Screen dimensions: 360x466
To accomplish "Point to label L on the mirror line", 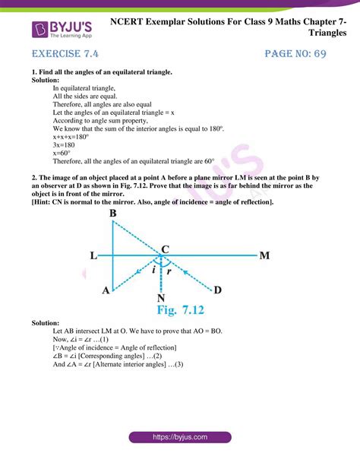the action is pyautogui.click(x=93, y=256).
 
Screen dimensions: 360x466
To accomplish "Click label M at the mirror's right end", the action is pyautogui.click(x=264, y=256).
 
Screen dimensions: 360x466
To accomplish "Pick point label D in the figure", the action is pyautogui.click(x=218, y=290).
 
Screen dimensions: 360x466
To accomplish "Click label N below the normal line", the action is pyautogui.click(x=161, y=297).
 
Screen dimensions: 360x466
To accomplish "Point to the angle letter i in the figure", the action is pyautogui.click(x=154, y=268).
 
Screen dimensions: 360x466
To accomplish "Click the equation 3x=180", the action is pyautogui.click(x=68, y=141).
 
